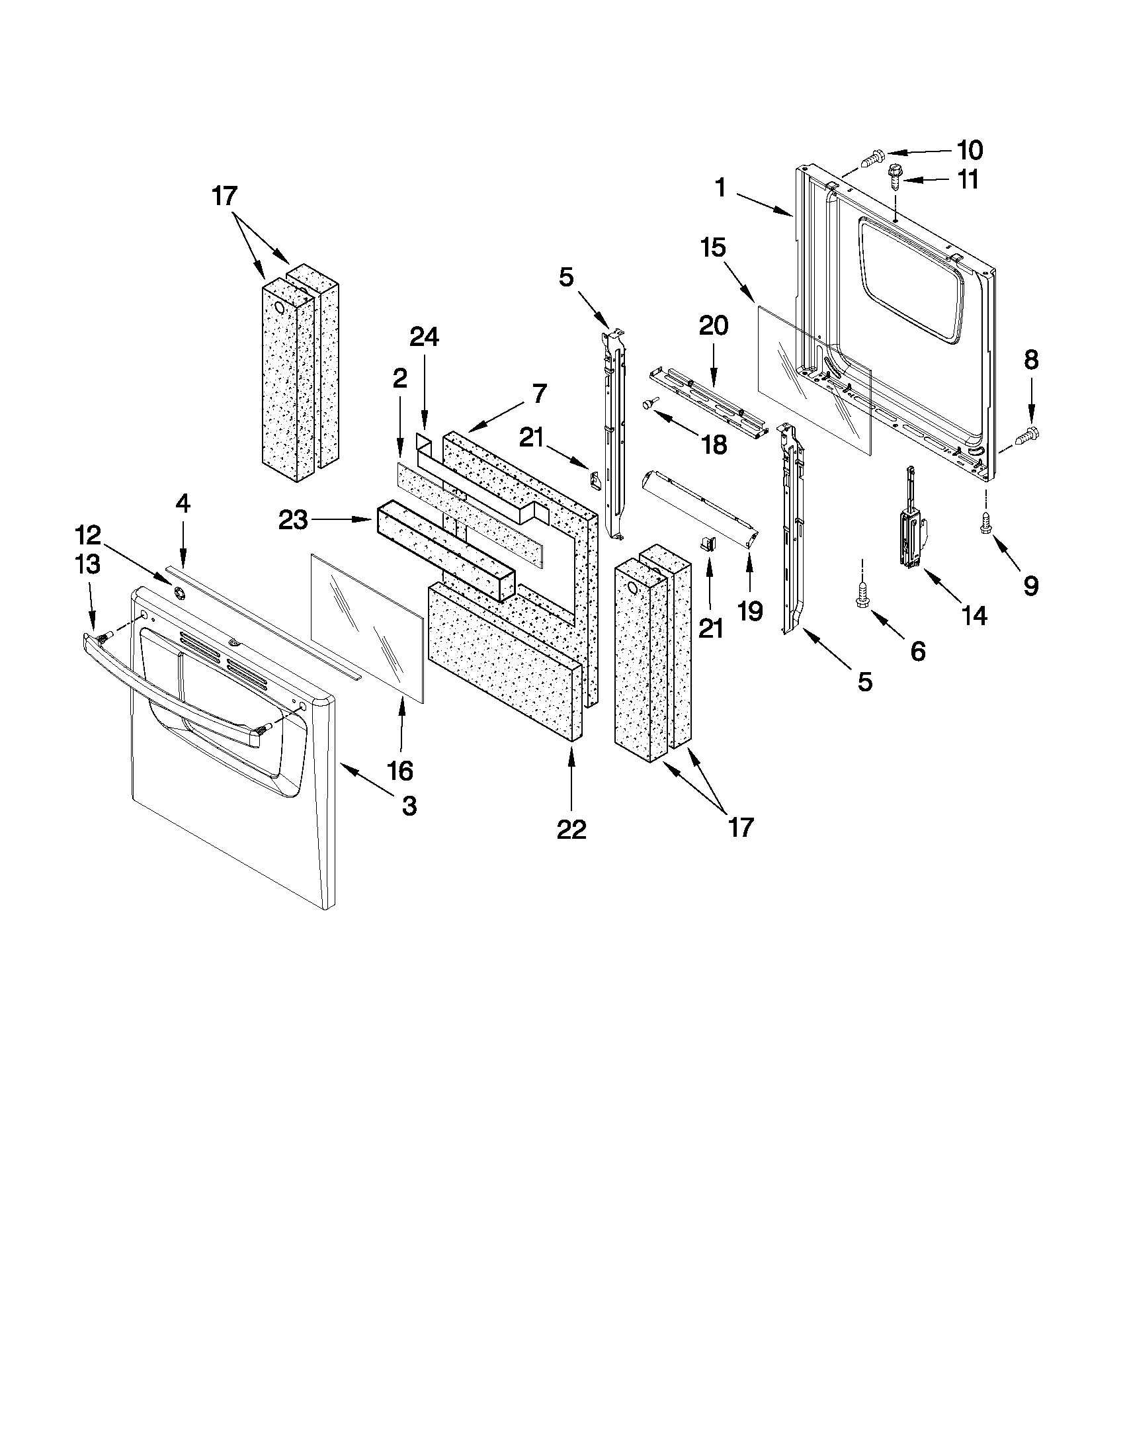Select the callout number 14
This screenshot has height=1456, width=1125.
(974, 615)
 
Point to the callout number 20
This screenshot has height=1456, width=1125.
(713, 326)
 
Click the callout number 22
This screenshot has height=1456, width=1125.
(571, 830)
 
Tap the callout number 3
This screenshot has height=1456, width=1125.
(409, 805)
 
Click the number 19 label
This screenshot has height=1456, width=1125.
(751, 611)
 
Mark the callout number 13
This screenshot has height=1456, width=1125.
(88, 564)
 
